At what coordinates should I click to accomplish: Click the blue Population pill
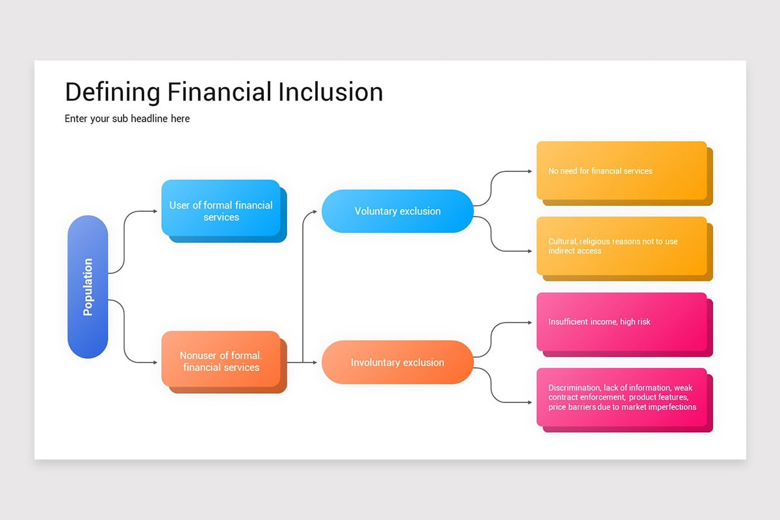(x=88, y=287)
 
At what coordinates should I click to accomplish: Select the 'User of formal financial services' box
(x=221, y=208)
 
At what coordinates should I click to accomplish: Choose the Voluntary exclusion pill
(x=397, y=211)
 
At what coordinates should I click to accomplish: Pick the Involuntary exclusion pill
(x=397, y=362)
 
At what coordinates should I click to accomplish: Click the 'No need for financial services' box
(x=621, y=170)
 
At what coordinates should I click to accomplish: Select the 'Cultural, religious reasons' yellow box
(x=621, y=246)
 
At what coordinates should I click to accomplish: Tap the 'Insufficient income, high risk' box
(x=621, y=322)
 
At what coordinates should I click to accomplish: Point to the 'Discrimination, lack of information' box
(x=621, y=397)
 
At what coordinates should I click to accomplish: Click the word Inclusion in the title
(x=330, y=92)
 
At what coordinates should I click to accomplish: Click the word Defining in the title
(x=112, y=92)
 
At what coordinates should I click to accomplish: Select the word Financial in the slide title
(x=218, y=92)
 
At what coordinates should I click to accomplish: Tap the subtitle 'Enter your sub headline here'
(x=127, y=119)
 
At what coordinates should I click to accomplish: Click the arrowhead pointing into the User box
(x=155, y=211)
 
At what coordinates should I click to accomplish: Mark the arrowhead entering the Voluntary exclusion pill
(x=315, y=211)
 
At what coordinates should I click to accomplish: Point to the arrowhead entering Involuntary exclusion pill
(x=315, y=362)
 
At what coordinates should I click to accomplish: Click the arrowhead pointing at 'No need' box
(x=529, y=172)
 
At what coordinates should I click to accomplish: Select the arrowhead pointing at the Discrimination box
(x=529, y=402)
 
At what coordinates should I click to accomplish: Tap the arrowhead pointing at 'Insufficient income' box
(x=529, y=322)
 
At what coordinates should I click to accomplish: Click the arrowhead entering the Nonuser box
(x=155, y=362)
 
